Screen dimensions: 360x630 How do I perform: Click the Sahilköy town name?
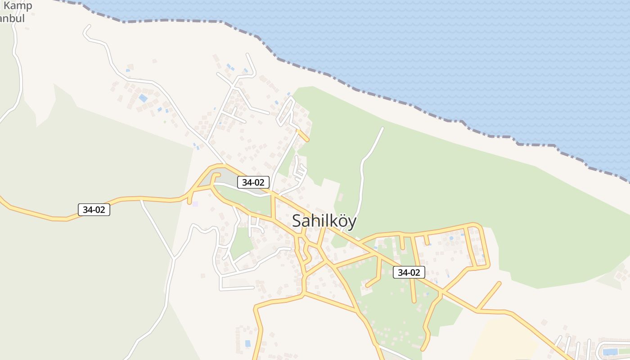tap(324, 221)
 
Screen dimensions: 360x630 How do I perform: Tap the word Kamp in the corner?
tap(18, 6)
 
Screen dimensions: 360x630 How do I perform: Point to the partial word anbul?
tap(12, 19)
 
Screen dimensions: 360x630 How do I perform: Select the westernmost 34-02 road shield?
tap(94, 210)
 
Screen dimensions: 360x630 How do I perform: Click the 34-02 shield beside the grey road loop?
tap(253, 182)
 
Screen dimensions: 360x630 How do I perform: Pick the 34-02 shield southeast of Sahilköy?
tap(409, 272)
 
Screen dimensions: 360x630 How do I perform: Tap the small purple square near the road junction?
tap(195, 204)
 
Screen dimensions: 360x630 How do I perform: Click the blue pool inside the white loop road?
tap(610, 351)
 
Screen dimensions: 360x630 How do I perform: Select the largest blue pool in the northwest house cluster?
tap(143, 98)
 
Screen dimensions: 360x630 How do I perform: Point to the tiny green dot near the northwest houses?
tap(165, 121)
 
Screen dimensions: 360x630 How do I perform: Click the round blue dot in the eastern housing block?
tap(451, 238)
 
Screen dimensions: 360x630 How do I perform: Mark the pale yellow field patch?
tap(504, 337)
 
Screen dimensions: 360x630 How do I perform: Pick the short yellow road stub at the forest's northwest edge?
tap(303, 135)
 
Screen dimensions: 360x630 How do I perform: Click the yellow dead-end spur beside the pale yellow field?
tap(490, 295)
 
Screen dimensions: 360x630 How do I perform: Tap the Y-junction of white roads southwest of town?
tap(174, 258)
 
